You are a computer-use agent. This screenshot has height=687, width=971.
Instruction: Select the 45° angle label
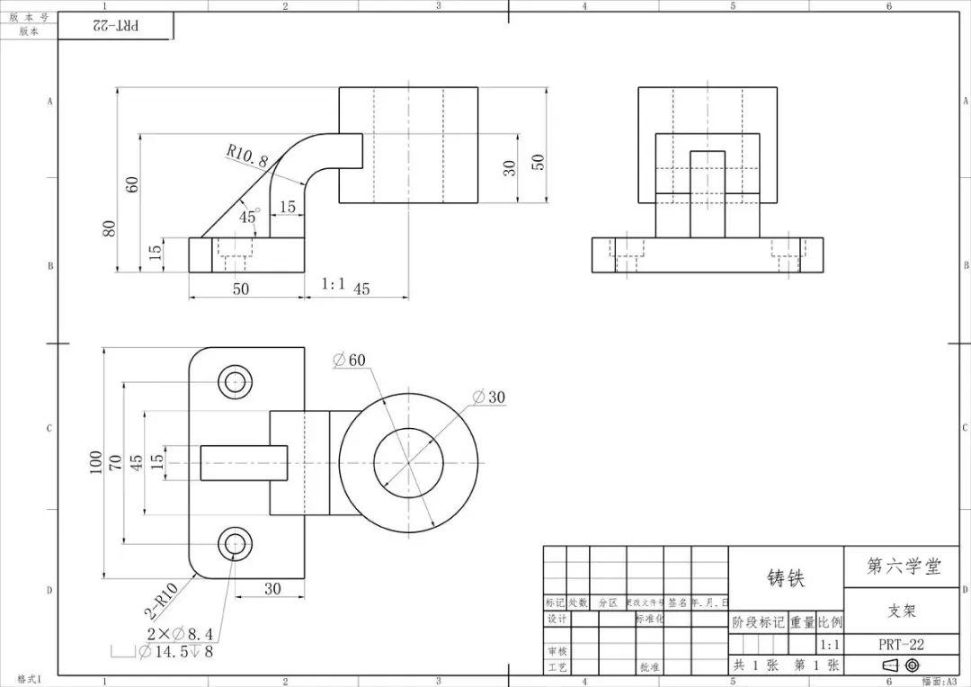[x=247, y=216]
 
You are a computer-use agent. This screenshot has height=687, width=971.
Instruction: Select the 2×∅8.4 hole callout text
[x=180, y=634]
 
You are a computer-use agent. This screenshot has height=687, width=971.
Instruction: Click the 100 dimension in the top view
[x=95, y=463]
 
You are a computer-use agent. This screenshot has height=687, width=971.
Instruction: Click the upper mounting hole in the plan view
[x=236, y=381]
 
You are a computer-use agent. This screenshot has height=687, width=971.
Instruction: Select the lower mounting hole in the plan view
[x=236, y=543]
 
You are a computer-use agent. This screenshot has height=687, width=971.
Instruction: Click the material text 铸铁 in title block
[x=785, y=578]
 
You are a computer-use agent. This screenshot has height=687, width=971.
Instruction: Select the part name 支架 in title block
[x=901, y=611]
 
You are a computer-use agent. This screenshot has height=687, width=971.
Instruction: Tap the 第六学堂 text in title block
[x=902, y=567]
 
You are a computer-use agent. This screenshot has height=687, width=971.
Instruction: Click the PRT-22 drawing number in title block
[x=901, y=645]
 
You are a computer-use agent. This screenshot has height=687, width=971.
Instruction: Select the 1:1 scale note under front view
[x=334, y=284]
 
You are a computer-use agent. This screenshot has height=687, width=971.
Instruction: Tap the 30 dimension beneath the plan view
[x=272, y=588]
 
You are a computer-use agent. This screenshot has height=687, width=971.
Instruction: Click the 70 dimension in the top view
[x=115, y=463]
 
